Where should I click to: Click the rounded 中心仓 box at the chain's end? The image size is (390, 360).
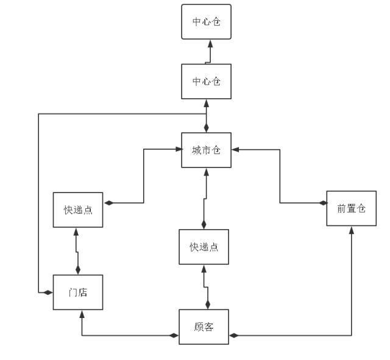pos(207,22)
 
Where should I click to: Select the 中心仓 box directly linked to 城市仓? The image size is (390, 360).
pos(207,81)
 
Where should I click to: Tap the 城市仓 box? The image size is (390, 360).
pos(207,150)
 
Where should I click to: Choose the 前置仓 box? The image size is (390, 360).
pos(351,208)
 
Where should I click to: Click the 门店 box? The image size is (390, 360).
pos(77,292)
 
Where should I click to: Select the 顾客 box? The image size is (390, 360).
pos(204,327)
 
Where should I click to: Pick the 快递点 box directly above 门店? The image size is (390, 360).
pos(78,210)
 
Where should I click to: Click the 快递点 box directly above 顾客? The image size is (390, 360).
pos(204,247)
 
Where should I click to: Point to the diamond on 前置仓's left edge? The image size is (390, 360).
pos(322,203)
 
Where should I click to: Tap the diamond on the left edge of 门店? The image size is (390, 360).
pos(48,292)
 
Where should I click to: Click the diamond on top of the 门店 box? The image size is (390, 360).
pos(77,269)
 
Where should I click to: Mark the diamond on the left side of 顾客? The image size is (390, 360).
pos(174,335)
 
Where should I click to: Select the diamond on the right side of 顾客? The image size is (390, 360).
pos(233,335)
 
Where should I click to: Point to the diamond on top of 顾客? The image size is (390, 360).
pos(207,304)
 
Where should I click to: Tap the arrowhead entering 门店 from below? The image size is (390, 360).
pos(82,314)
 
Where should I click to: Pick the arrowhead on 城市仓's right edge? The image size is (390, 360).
pos(235,149)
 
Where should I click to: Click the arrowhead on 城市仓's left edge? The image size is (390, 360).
pos(178,149)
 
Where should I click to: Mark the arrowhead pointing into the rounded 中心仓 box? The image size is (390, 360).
pos(210,43)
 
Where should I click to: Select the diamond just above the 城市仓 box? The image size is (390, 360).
pos(207,128)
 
